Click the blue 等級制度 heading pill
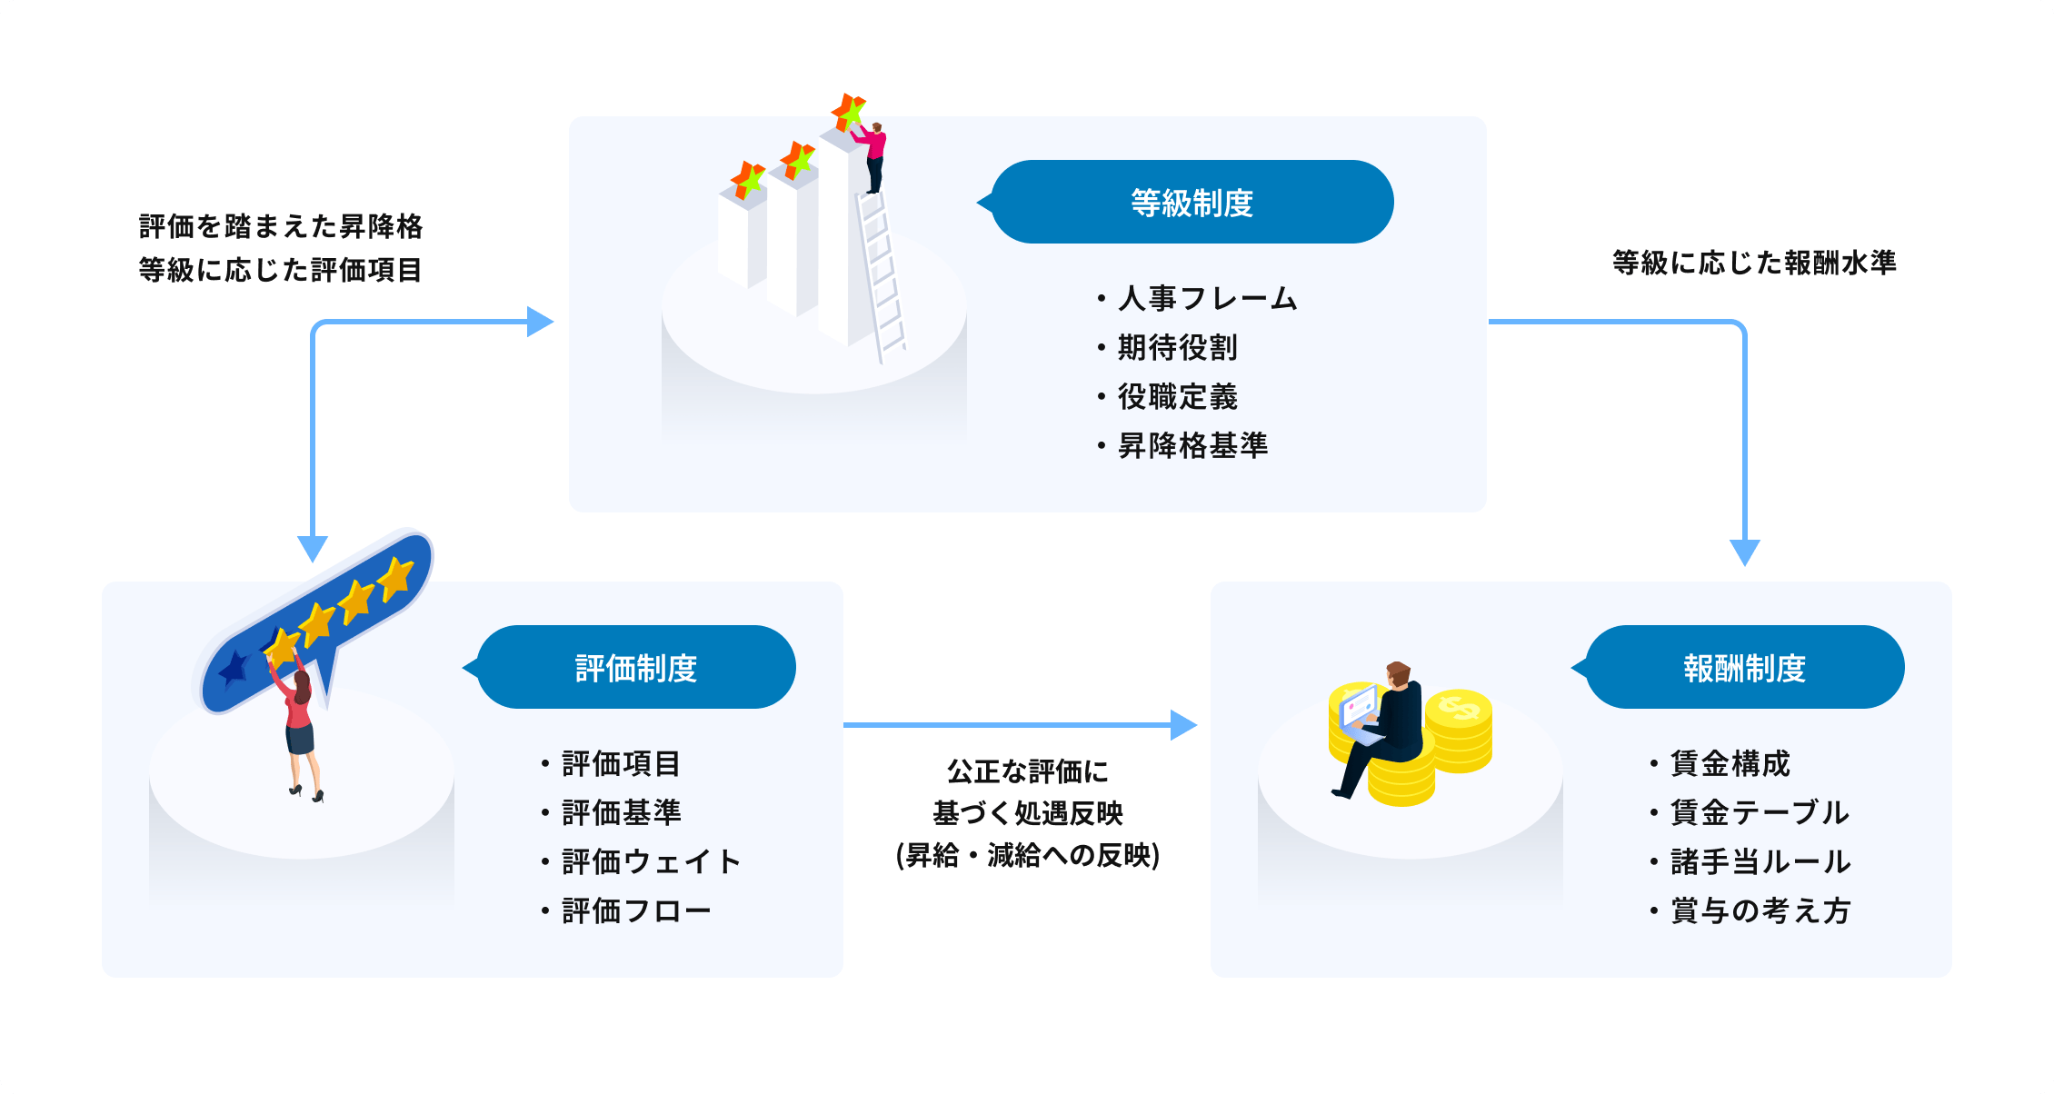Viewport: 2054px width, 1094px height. coord(1192,202)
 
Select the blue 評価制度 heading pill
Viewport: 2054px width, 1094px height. coord(635,667)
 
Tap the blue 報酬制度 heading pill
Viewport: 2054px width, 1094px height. coord(1744,667)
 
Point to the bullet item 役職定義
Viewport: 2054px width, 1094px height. coord(1177,396)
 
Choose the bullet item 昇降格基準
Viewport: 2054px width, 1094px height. coord(1192,445)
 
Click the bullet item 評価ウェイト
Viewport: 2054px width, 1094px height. coord(651,861)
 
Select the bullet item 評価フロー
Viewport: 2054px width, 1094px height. coord(635,910)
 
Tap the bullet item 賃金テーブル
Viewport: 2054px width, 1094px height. coord(1759,812)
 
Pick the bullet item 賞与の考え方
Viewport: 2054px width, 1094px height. coord(1760,910)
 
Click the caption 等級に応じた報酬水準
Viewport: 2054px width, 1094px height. coord(1754,263)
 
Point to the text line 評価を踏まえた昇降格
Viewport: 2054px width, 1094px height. coord(281,226)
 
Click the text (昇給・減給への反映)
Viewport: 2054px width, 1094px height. coord(1027,855)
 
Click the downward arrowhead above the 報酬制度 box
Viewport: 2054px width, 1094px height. coord(1744,552)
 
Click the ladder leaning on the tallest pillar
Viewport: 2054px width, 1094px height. coord(881,277)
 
